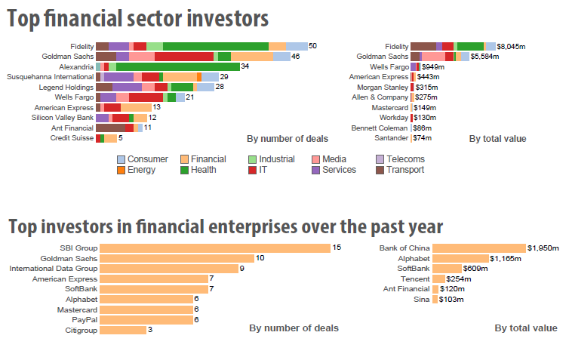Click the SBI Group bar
pyautogui.click(x=215, y=248)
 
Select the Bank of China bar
pyautogui.click(x=479, y=248)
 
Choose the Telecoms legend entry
pyautogui.click(x=399, y=159)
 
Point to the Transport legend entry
pyautogui.click(x=399, y=170)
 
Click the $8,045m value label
pyautogui.click(x=511, y=47)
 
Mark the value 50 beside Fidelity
pyautogui.click(x=312, y=47)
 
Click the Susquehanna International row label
pyautogui.click(x=50, y=77)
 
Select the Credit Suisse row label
pyautogui.click(x=72, y=138)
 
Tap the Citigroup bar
pyautogui.click(x=122, y=330)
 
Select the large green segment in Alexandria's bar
pyautogui.click(x=177, y=66)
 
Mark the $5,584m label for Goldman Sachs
pyautogui.click(x=487, y=57)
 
